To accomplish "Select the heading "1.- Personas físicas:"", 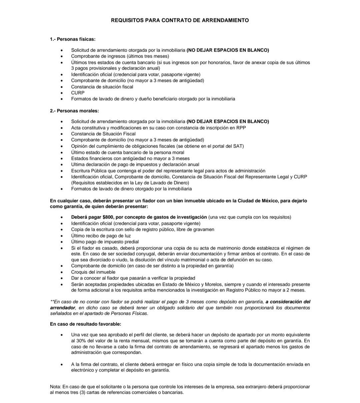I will (73, 39).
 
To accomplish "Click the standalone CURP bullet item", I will (78, 93).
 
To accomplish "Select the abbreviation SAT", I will (239, 146).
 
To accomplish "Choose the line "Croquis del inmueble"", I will (93, 272).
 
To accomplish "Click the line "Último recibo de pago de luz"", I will (101, 236).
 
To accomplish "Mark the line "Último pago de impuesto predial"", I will (105, 242).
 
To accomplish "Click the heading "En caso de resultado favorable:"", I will (86, 324).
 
